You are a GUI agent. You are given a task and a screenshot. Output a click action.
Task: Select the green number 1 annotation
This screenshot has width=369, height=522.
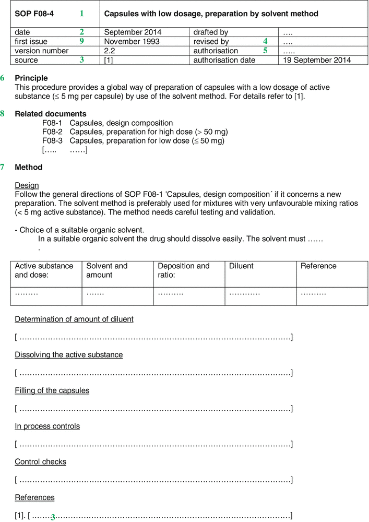point(81,13)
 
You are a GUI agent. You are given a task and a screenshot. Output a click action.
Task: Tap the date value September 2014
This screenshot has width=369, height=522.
point(133,32)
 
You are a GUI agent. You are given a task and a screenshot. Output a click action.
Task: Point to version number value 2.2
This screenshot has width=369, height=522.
point(110,51)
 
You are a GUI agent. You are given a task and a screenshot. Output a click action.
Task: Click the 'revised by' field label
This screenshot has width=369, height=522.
point(211,41)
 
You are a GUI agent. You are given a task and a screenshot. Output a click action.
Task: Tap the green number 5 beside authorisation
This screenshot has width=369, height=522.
point(265,51)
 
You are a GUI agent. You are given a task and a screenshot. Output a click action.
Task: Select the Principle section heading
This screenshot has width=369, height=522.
point(31,78)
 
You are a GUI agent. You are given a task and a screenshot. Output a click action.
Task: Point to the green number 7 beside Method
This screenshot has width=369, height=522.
point(3,167)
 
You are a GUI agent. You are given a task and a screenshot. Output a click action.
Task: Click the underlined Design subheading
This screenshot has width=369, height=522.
point(27,185)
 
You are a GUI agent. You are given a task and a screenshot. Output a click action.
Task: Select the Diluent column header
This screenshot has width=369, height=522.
point(241,266)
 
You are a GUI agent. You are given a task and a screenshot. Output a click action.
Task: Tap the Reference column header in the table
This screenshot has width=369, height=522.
point(318,266)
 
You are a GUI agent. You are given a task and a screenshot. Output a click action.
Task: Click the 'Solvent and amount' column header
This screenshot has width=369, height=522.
point(106,270)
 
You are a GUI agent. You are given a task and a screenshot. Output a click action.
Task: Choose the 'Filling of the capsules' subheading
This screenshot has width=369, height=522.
point(52,390)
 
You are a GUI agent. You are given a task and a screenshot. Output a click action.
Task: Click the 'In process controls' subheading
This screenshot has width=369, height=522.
point(47,426)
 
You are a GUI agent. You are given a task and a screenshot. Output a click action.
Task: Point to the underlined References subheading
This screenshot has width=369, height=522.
point(34,497)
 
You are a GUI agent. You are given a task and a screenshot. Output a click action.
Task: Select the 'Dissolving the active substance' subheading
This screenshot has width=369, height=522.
point(68,355)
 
